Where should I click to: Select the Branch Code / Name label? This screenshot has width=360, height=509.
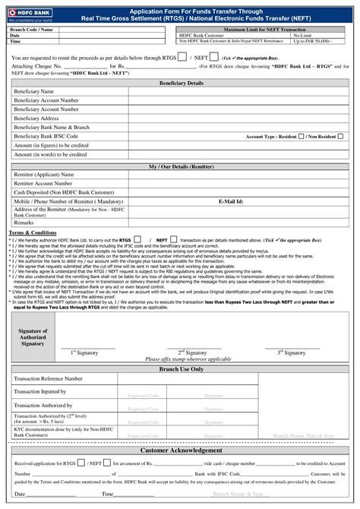[31, 29]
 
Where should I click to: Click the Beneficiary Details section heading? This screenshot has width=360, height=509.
[181, 83]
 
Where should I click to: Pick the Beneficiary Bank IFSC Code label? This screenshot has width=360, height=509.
[46, 136]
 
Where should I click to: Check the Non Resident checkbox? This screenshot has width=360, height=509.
[340, 136]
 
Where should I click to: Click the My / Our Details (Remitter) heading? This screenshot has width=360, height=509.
[181, 166]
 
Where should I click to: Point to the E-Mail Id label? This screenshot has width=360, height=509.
[231, 201]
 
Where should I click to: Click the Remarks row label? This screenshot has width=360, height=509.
[24, 223]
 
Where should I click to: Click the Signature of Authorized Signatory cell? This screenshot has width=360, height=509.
[32, 338]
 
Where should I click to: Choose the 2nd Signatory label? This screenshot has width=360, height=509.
[192, 353]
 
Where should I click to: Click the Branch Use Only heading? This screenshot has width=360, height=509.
[181, 369]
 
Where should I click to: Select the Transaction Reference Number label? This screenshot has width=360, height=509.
[49, 378]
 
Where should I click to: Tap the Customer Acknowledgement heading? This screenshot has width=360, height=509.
[181, 450]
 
